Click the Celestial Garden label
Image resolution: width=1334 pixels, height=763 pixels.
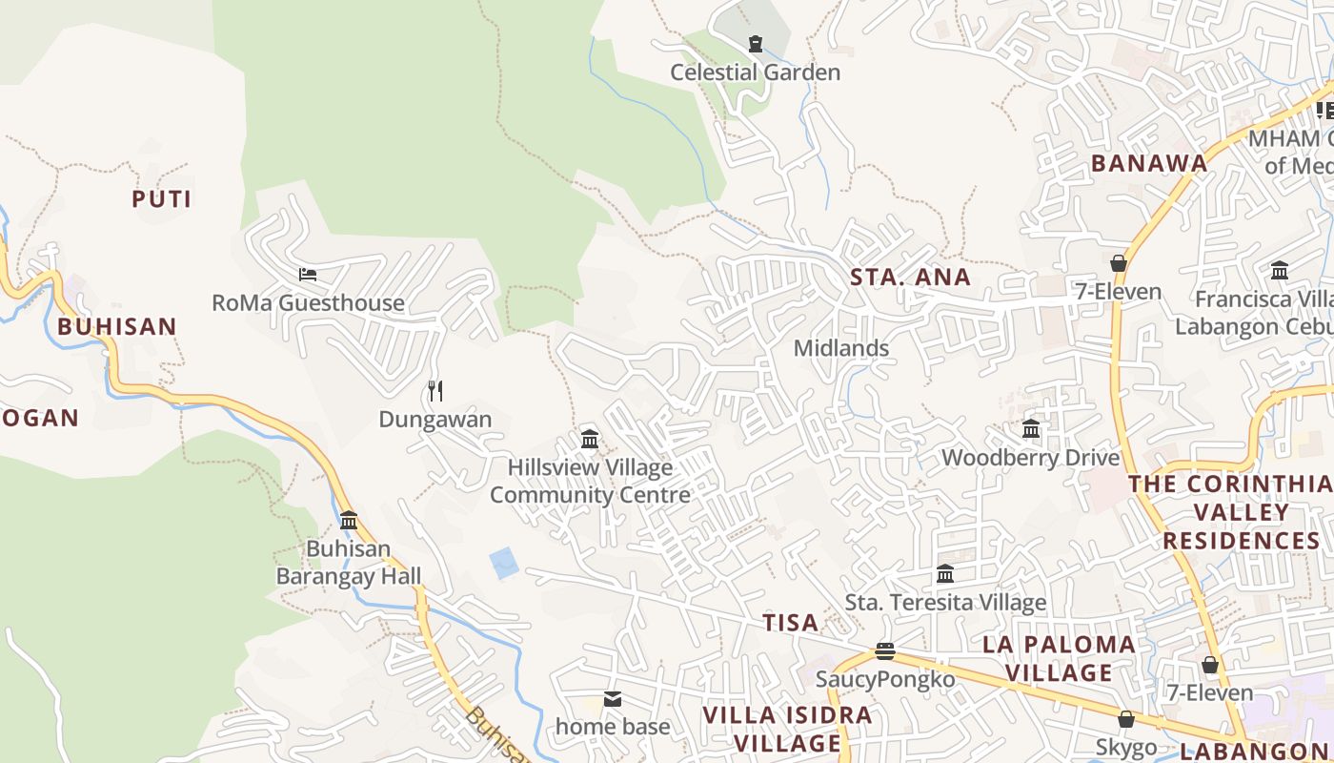tap(755, 72)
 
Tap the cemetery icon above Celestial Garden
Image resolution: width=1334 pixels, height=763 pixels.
tap(755, 43)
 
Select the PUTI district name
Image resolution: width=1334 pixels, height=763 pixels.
tap(161, 199)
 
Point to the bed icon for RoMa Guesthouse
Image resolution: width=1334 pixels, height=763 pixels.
tap(308, 275)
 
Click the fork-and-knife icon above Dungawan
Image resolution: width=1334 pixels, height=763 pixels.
tap(435, 390)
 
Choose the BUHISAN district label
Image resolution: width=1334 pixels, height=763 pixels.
tap(117, 326)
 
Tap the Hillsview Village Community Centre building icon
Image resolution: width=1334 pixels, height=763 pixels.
tap(590, 439)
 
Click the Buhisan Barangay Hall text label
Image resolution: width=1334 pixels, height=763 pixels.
tap(349, 563)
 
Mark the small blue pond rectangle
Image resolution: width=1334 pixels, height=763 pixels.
tap(504, 564)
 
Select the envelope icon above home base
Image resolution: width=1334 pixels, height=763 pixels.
tap(613, 699)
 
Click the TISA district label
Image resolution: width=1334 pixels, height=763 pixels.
tap(790, 623)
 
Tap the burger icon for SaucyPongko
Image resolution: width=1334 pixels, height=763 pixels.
tap(885, 651)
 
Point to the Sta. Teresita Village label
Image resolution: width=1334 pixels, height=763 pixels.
tap(945, 603)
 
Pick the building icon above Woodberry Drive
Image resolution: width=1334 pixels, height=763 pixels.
tap(1031, 429)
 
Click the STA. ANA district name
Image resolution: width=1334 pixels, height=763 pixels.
tap(910, 278)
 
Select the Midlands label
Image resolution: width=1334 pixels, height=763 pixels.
tap(841, 348)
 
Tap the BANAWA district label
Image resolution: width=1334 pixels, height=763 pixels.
tap(1149, 163)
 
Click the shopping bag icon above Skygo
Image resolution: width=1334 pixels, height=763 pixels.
tap(1126, 719)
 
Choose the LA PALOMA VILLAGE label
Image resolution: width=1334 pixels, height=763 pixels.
tap(1060, 658)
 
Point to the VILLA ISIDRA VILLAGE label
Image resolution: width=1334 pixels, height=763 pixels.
tap(787, 729)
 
